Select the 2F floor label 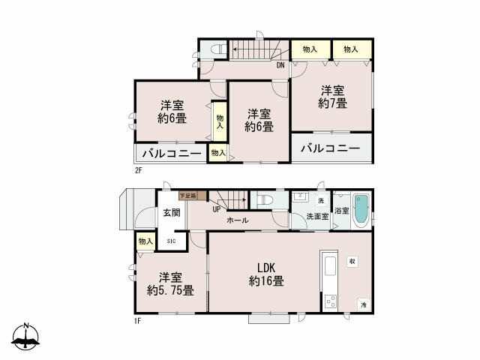[139, 171]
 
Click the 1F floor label [139, 320]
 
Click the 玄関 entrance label [171, 212]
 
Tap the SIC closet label [171, 241]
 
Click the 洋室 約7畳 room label [331, 96]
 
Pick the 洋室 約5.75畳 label [171, 283]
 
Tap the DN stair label [280, 65]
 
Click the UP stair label [216, 209]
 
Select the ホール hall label [238, 220]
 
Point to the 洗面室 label [316, 216]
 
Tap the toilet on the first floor [265, 201]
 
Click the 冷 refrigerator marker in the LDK [363, 304]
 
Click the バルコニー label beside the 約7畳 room [331, 148]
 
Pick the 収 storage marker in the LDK [352, 262]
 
